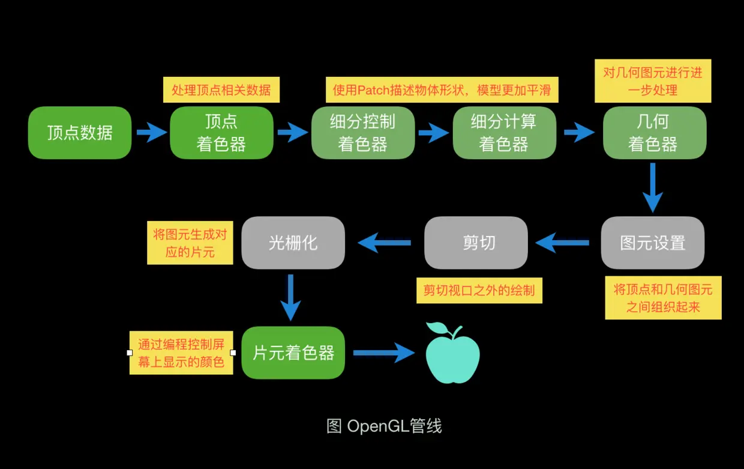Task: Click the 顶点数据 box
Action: pos(80,133)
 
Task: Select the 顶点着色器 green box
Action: pos(221,133)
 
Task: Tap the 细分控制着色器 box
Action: pos(362,133)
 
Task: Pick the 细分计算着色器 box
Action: pos(504,133)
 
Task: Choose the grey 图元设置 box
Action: pos(653,243)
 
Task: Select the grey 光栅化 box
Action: pos(293,243)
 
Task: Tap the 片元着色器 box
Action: pos(293,353)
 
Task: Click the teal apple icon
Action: pos(452,357)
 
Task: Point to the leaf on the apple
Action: pos(436,328)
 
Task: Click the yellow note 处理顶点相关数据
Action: pos(221,90)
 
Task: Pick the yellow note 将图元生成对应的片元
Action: pos(190,242)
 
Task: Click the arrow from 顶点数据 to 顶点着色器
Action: pos(151,132)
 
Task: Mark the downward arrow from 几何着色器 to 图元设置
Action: pos(652,187)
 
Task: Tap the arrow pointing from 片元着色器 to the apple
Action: pos(384,353)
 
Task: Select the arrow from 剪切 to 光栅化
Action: pos(385,243)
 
